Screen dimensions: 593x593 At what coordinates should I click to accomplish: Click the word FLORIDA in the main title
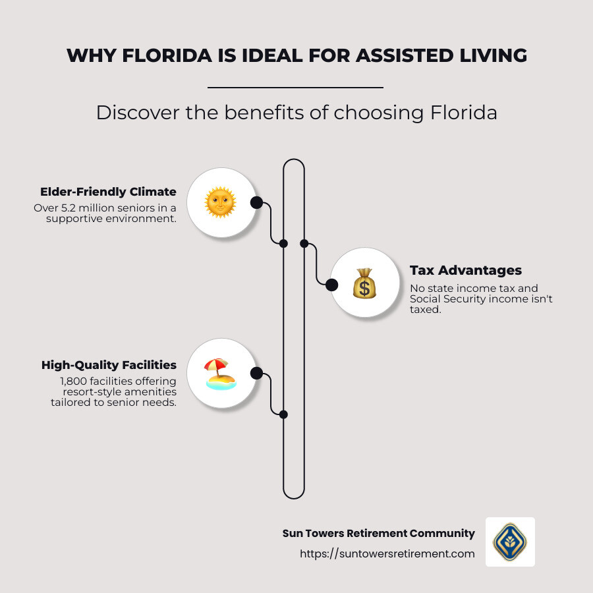(x=167, y=55)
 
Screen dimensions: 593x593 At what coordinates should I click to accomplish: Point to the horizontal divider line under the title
(x=295, y=88)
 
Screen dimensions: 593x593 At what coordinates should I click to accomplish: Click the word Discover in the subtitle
(x=138, y=113)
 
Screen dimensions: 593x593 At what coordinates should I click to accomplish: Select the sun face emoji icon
(x=220, y=202)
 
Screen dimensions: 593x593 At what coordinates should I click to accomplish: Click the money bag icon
(x=364, y=283)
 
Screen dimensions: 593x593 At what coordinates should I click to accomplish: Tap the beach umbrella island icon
(x=221, y=374)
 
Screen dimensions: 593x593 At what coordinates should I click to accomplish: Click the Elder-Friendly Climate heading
(x=108, y=192)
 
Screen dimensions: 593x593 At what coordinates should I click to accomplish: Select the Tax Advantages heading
(x=466, y=270)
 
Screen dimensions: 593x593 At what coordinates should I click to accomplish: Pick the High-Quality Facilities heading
(x=109, y=365)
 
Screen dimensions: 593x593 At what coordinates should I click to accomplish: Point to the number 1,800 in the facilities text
(x=73, y=381)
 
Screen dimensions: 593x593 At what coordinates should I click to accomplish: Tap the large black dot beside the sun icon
(x=256, y=202)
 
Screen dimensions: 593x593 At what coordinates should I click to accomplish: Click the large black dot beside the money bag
(x=331, y=285)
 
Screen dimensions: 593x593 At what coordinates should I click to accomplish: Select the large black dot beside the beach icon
(x=256, y=374)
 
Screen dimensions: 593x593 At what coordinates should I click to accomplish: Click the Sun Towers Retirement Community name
(x=379, y=533)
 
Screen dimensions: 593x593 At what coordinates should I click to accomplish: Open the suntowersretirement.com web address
(x=387, y=553)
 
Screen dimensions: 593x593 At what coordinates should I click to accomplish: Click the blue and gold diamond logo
(x=510, y=542)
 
